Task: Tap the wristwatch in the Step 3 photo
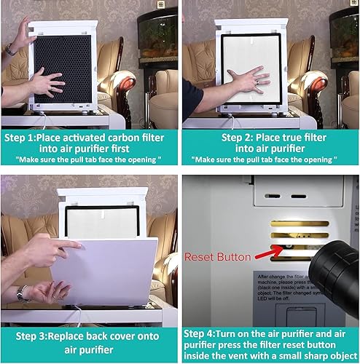pos(23,293)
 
